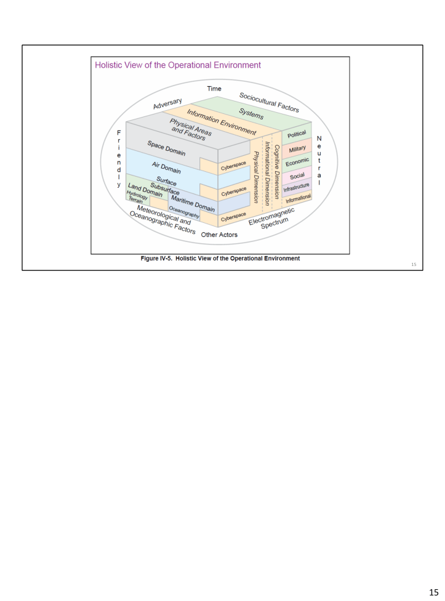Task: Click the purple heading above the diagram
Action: tap(178, 65)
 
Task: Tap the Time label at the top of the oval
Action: tap(214, 89)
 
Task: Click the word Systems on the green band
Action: tap(251, 115)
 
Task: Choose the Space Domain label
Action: tap(166, 148)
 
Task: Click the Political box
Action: tap(297, 134)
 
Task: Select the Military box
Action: tap(297, 148)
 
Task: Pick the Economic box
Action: tap(297, 161)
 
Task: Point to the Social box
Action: tap(297, 175)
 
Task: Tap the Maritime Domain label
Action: tap(193, 203)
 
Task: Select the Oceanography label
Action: tap(184, 212)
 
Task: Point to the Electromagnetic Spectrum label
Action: tap(273, 219)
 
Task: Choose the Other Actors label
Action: tap(219, 235)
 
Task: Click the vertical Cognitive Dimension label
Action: tap(277, 170)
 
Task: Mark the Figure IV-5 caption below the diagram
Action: tap(220, 259)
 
